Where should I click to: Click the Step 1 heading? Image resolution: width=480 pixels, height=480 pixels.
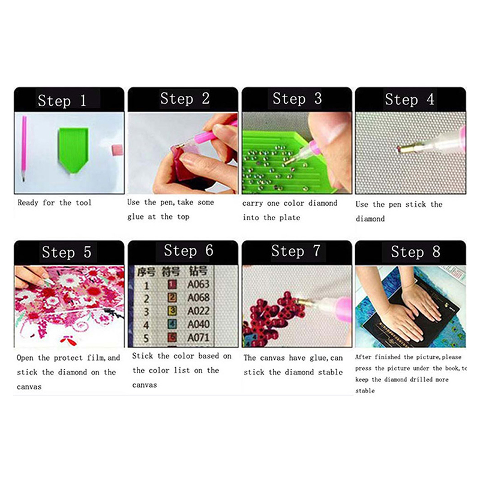(x=62, y=100)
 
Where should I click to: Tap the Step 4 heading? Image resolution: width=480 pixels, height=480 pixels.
(x=410, y=99)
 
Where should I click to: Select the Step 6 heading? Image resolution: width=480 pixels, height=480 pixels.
(x=188, y=251)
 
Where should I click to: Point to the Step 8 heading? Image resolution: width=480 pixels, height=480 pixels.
(x=415, y=251)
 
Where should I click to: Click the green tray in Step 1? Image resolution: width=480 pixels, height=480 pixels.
(x=73, y=149)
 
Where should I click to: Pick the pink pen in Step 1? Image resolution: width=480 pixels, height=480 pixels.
(x=24, y=148)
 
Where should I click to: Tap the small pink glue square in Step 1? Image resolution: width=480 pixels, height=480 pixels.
(x=117, y=149)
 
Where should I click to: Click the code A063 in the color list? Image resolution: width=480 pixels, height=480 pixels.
(x=199, y=284)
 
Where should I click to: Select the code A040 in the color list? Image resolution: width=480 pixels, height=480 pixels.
(x=199, y=324)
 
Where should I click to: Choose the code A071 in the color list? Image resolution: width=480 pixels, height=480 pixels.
(x=199, y=337)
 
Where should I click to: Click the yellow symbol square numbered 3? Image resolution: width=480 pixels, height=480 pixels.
(x=172, y=311)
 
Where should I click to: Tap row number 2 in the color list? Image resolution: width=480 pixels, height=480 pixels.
(x=146, y=298)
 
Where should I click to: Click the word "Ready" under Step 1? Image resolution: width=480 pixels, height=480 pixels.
(x=28, y=203)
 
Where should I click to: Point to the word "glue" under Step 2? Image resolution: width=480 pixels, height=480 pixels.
(x=136, y=217)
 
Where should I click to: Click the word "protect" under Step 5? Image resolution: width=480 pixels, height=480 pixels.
(x=68, y=358)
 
